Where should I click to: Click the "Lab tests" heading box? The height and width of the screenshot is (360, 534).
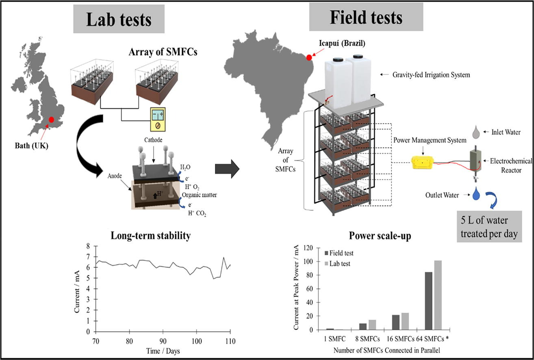tap(119, 19)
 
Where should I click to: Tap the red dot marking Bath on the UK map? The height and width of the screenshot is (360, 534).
tap(51, 120)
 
